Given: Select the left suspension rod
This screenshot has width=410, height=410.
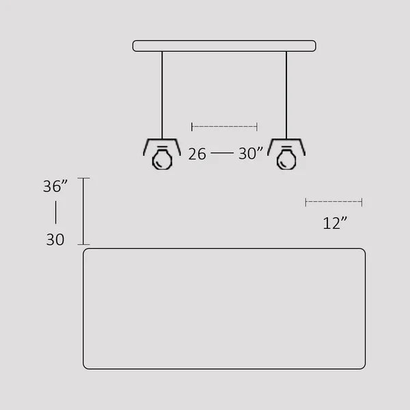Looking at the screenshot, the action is tap(162, 95).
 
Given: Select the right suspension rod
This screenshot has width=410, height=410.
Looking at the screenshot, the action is tap(286, 95).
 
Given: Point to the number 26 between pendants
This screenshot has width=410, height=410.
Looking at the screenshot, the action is tap(197, 154).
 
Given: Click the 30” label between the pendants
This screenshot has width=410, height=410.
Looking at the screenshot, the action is tap(251, 154).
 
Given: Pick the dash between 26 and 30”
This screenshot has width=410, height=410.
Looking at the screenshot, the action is tap(222, 153).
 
